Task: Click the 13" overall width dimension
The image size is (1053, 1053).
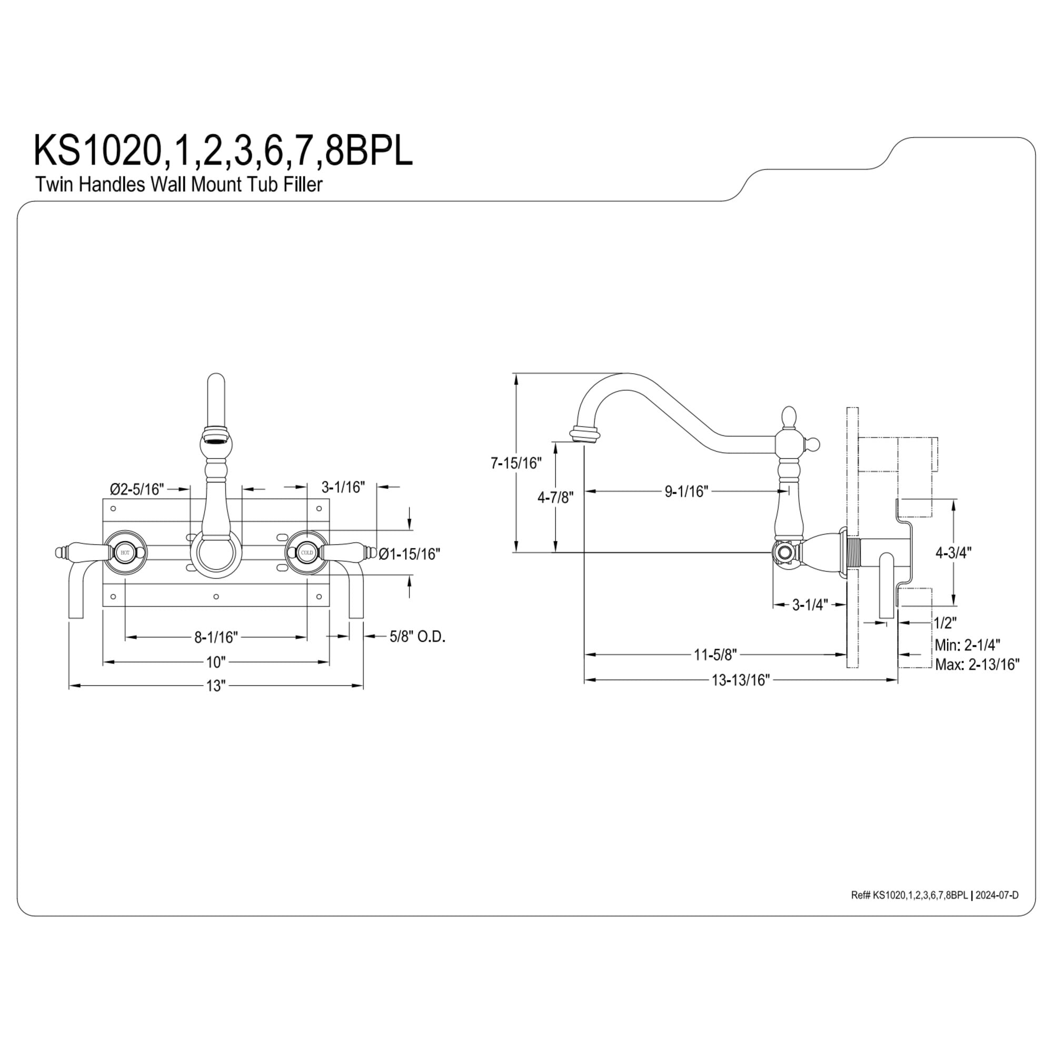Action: pos(215,686)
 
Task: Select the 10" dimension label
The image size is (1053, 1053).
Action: pos(216,662)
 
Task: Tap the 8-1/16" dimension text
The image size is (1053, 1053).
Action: pos(216,637)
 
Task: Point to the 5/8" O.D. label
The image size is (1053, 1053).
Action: pos(418,636)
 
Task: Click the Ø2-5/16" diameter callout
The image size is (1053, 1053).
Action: pos(137,489)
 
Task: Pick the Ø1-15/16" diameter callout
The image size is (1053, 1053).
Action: pos(409,554)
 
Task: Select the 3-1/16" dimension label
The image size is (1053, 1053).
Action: pos(343,486)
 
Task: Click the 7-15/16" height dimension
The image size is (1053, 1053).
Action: pos(516,463)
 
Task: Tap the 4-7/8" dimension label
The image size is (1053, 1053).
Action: pos(555,497)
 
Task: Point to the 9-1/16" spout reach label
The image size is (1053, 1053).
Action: pos(686,492)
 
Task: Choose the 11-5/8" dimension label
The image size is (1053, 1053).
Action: pos(715,654)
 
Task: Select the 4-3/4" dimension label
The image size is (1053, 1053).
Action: pos(954,553)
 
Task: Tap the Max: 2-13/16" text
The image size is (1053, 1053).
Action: pos(977,664)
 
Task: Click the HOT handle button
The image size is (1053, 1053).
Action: pos(125,553)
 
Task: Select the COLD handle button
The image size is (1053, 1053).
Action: pos(307,553)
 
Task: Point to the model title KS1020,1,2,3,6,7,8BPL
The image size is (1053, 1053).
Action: pos(223,151)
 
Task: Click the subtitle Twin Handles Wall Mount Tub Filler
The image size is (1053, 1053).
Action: pos(179,184)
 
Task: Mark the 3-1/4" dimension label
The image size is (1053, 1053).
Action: pos(810,604)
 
